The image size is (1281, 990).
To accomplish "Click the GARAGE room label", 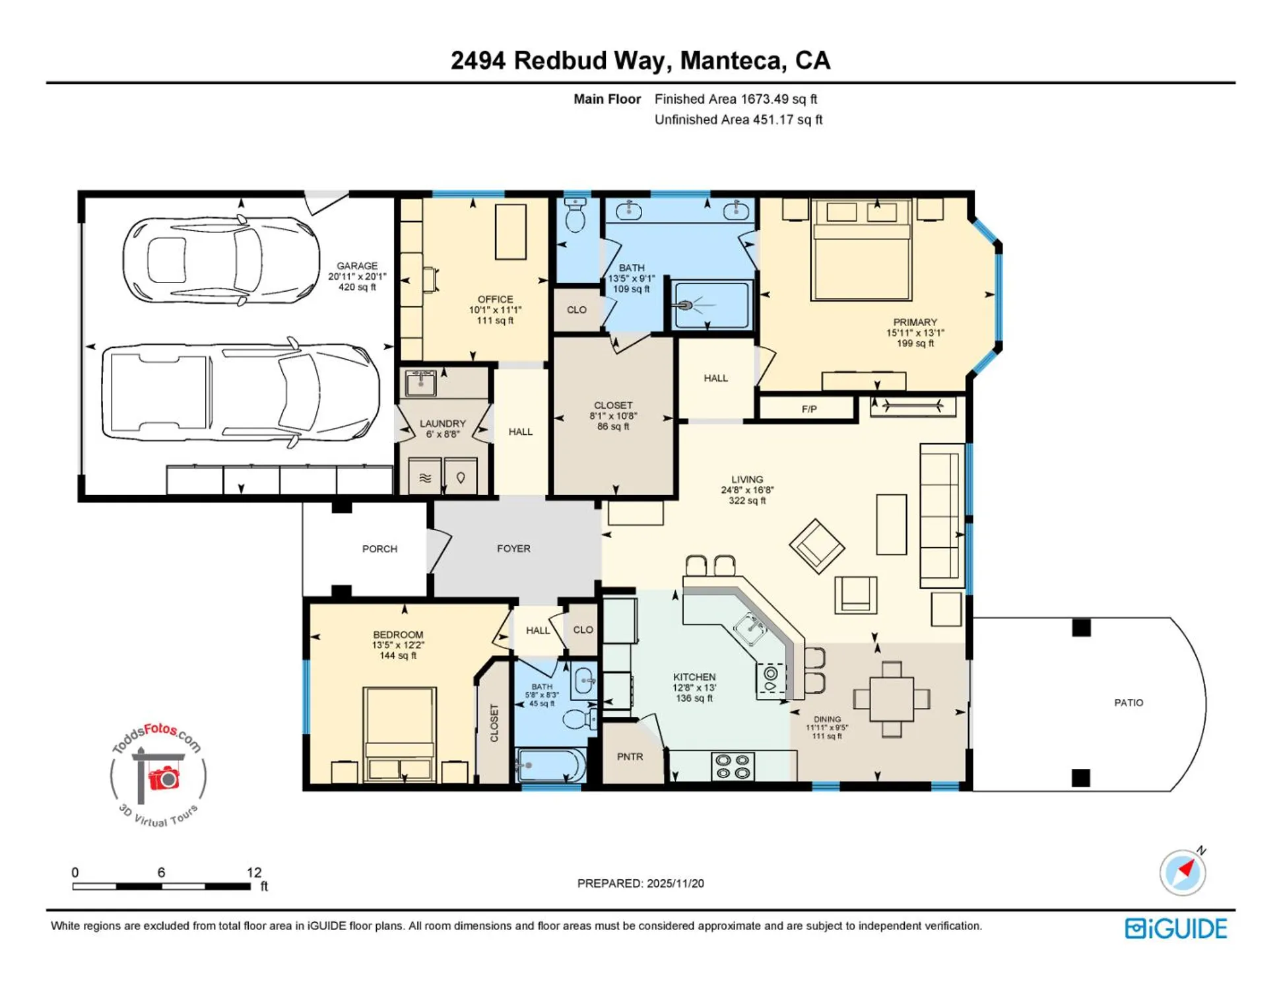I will (x=357, y=266).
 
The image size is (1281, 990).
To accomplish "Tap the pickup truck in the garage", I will (x=241, y=392).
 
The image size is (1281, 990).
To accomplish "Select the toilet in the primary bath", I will (x=575, y=216).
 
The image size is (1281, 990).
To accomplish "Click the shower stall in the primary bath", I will (x=711, y=305).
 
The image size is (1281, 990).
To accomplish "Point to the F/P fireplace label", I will (x=809, y=409).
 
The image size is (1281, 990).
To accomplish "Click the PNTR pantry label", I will (x=630, y=757).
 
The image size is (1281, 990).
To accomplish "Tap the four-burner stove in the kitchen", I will (x=733, y=767).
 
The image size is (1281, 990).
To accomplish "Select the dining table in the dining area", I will (x=892, y=700).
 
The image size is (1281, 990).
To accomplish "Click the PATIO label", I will (x=1129, y=703).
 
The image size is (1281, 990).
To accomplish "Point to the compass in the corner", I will (x=1183, y=872).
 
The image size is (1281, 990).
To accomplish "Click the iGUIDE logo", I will (x=1176, y=929).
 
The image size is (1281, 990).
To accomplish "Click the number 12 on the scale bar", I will (x=254, y=873).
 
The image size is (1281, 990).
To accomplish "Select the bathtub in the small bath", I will (x=550, y=766).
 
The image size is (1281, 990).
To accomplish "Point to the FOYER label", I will (x=513, y=548).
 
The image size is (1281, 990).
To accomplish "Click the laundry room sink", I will (x=420, y=383).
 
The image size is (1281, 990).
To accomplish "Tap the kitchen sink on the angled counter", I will (x=750, y=628).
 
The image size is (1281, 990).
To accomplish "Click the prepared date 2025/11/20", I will (x=675, y=883).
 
